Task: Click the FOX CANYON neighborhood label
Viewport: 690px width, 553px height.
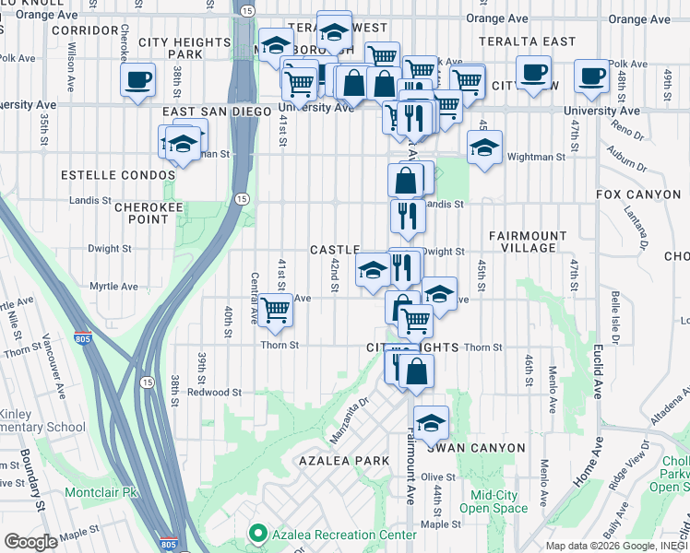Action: (637, 194)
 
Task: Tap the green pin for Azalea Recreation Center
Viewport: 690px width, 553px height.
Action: (258, 534)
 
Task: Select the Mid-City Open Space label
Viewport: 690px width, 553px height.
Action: (492, 500)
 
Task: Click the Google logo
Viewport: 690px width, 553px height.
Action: (31, 541)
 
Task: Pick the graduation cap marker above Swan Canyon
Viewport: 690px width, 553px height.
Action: (431, 423)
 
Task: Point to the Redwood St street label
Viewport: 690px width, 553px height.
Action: (214, 392)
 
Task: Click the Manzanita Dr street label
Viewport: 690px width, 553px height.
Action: (351, 413)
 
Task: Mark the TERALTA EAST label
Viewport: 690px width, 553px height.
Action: (528, 41)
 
